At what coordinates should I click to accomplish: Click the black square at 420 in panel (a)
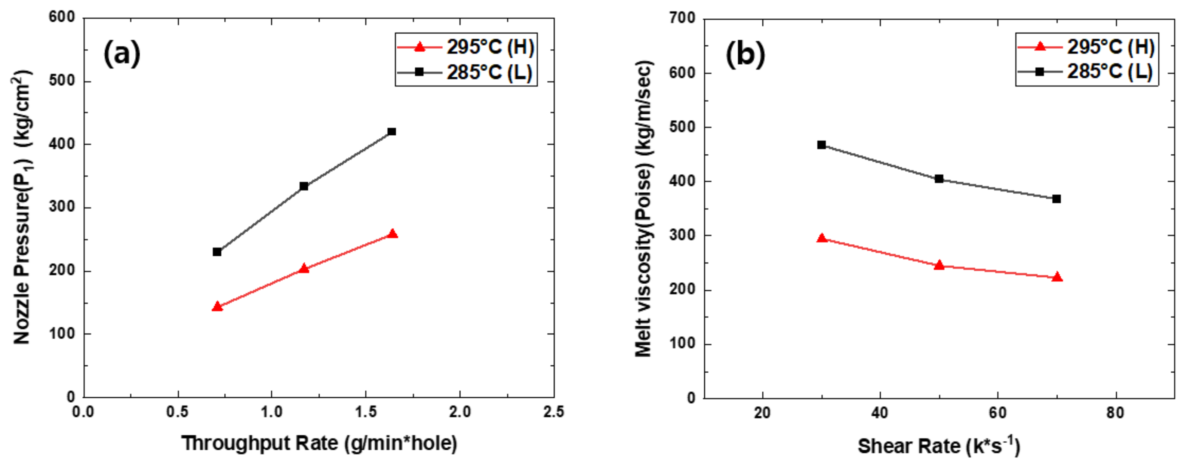[x=392, y=132]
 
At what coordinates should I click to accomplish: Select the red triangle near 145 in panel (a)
[x=218, y=307]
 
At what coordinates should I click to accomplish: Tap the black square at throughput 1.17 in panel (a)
[x=304, y=186]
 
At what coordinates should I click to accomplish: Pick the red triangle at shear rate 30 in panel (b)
[x=821, y=238]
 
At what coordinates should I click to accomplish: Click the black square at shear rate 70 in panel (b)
[x=1057, y=199]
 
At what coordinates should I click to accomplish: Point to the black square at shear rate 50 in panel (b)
[x=939, y=179]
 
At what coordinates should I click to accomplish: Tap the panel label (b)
[x=745, y=55]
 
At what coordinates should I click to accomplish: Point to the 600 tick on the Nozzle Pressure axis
[x=62, y=17]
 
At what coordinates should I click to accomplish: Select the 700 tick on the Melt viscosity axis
[x=682, y=18]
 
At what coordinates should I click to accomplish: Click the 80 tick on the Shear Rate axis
[x=1115, y=413]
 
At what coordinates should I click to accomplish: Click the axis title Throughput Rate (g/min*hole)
[x=319, y=443]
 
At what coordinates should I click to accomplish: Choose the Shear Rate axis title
[x=939, y=446]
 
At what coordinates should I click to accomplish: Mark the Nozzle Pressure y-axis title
[x=22, y=208]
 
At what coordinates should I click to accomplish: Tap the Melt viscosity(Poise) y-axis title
[x=643, y=208]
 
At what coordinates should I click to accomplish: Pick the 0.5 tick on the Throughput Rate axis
[x=178, y=412]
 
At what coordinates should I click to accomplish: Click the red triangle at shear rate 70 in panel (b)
[x=1057, y=277]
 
